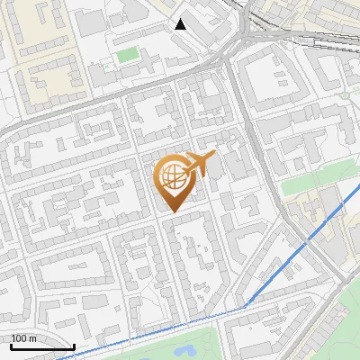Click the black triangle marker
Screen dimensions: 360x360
(181, 24)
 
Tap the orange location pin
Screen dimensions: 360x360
(173, 180)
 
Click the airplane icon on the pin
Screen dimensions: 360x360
(199, 164)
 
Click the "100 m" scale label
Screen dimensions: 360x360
(23, 338)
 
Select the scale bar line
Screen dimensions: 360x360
(42, 346)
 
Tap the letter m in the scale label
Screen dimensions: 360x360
(32, 338)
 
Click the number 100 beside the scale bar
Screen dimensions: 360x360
(19, 338)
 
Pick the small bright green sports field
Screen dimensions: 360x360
(128, 56)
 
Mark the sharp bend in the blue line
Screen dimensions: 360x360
(245, 307)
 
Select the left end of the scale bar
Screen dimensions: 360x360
(11, 346)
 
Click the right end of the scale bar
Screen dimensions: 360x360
(74, 346)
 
